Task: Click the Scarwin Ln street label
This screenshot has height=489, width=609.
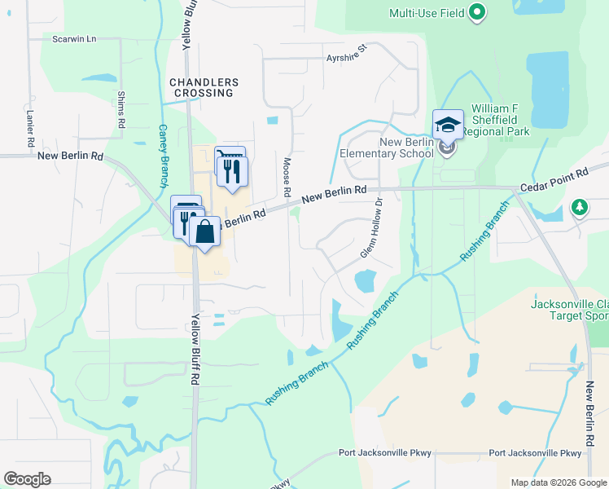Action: click(x=74, y=39)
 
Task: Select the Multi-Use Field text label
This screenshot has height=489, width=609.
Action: click(x=427, y=13)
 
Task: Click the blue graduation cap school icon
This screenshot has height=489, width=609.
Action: click(x=448, y=125)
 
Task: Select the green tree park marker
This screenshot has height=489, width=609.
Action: click(x=580, y=208)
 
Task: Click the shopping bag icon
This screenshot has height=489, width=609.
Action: click(x=205, y=231)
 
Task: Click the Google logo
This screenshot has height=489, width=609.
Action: click(x=27, y=479)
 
